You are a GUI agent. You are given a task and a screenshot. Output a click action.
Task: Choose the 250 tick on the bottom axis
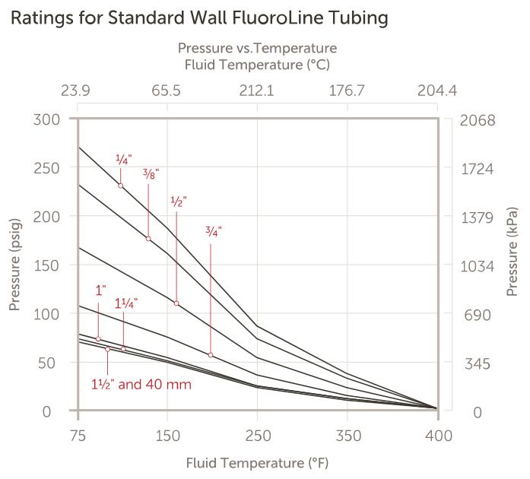coord(258,436)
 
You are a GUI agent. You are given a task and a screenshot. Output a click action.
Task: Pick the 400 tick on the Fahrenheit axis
coord(438,436)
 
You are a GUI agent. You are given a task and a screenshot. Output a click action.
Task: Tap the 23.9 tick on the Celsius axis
coord(75,91)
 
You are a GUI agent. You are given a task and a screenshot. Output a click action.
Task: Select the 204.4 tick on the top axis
coord(437,91)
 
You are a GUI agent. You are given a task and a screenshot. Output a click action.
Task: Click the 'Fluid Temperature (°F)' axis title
coord(257,462)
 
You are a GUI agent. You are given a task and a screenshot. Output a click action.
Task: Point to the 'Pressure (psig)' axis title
coord(14,265)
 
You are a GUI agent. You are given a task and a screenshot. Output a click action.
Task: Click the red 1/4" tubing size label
coord(123,160)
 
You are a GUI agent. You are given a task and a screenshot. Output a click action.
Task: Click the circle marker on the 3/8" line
coord(148,239)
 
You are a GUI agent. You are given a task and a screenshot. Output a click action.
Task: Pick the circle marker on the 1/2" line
coord(176,303)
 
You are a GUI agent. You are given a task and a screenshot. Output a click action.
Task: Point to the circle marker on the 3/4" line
coord(211,355)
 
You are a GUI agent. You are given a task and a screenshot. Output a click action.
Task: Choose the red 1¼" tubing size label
coord(126,303)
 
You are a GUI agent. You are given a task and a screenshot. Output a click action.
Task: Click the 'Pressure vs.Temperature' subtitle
coord(257,49)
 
